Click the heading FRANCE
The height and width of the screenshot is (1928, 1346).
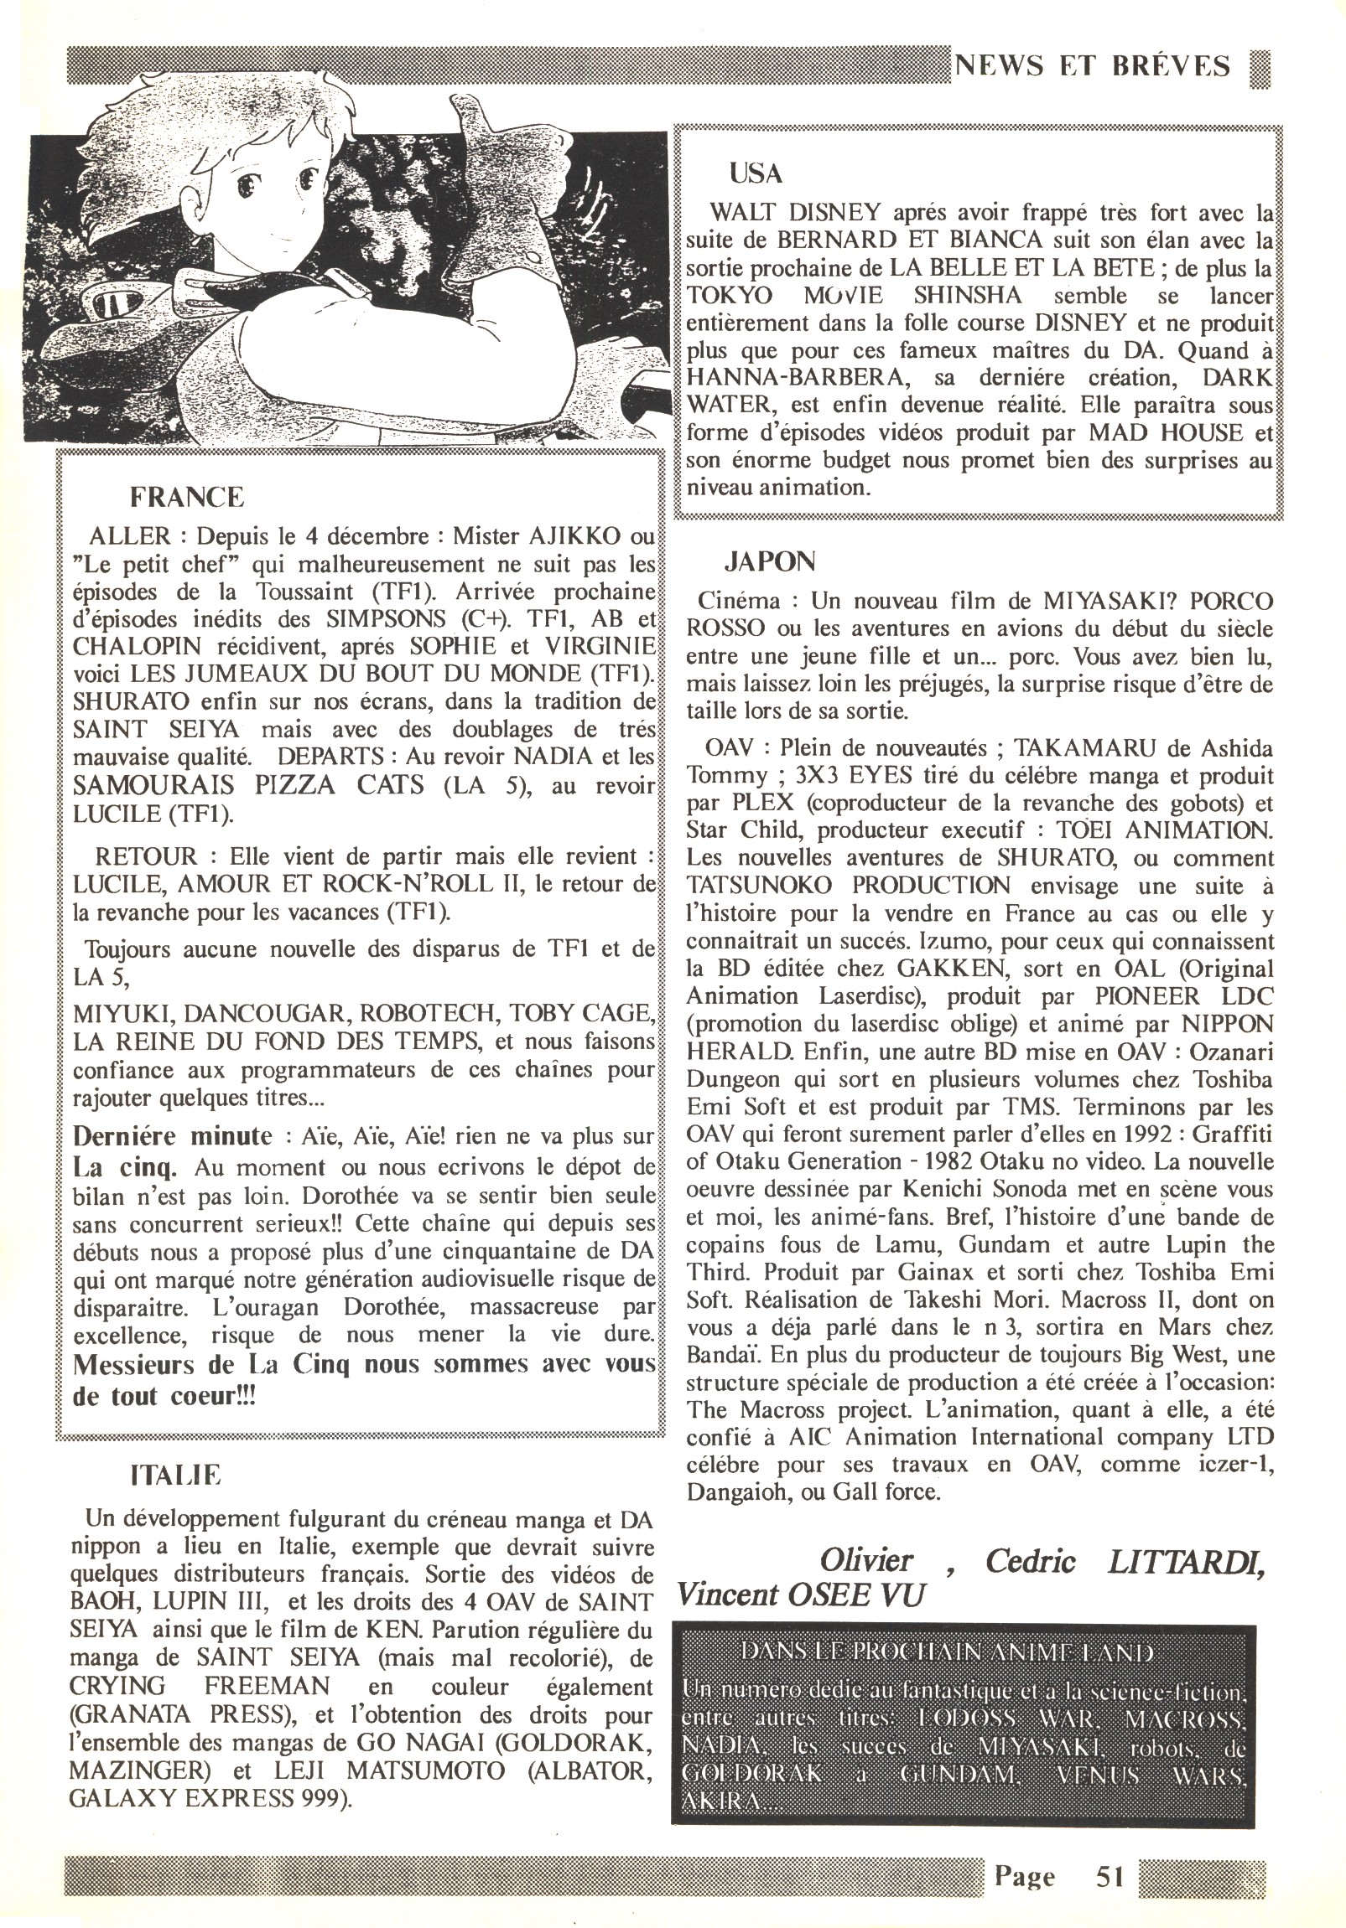click(186, 497)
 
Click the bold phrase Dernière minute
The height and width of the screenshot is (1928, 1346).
click(172, 1137)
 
